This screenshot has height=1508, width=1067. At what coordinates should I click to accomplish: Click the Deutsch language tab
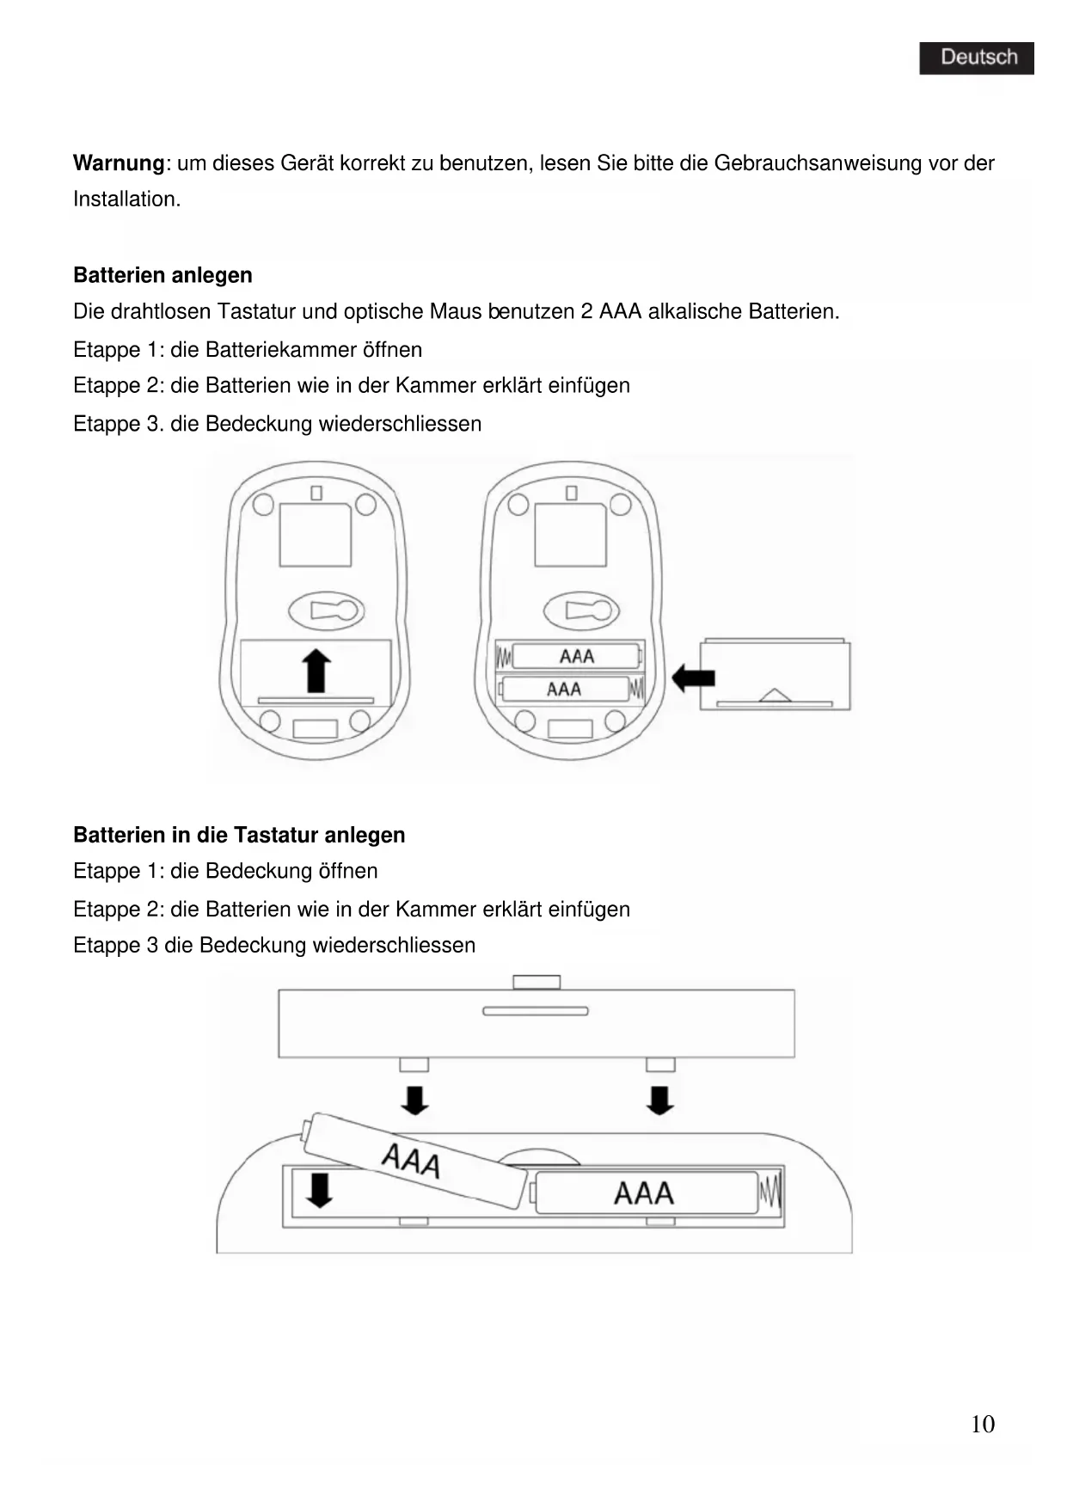977,58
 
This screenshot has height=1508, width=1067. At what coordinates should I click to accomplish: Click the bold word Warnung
118,163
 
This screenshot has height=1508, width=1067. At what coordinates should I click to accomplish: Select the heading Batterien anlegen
163,275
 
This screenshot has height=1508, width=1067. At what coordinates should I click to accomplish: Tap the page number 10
982,1425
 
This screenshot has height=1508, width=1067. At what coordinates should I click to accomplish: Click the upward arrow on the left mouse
317,671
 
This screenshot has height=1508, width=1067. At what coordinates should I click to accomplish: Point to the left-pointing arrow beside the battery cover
692,677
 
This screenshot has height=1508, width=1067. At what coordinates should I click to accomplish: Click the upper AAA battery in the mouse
575,657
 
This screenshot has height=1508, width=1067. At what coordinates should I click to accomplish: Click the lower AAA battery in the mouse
565,689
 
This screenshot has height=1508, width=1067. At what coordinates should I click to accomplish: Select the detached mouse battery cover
775,674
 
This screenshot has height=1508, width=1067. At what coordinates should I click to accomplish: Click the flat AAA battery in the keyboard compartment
645,1192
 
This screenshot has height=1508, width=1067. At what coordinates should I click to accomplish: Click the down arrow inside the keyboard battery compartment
319,1191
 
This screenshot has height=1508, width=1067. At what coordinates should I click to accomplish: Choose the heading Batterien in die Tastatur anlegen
239,835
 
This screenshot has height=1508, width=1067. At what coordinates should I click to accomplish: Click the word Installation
126,199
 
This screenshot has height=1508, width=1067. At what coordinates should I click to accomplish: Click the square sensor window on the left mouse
315,535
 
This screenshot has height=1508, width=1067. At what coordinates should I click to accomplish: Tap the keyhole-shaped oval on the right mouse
579,611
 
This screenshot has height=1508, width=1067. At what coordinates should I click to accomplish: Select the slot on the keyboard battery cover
535,1011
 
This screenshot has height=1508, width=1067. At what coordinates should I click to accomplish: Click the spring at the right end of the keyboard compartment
770,1192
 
